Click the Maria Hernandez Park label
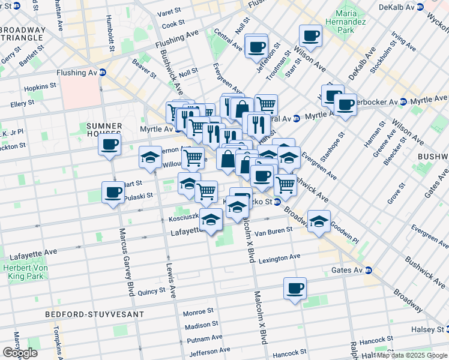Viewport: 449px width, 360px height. (354, 21)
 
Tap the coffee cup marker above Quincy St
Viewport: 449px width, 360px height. (295, 288)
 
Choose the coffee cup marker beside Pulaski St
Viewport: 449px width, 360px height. (113, 193)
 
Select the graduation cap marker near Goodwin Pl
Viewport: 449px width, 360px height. (319, 221)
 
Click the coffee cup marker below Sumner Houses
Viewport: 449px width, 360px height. (110, 145)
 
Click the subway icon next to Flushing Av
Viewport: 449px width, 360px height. (102, 73)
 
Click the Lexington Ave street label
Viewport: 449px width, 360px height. (279, 257)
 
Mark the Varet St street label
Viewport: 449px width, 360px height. (170, 13)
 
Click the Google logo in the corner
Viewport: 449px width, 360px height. (20, 352)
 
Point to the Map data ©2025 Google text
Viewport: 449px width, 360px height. (412, 355)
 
